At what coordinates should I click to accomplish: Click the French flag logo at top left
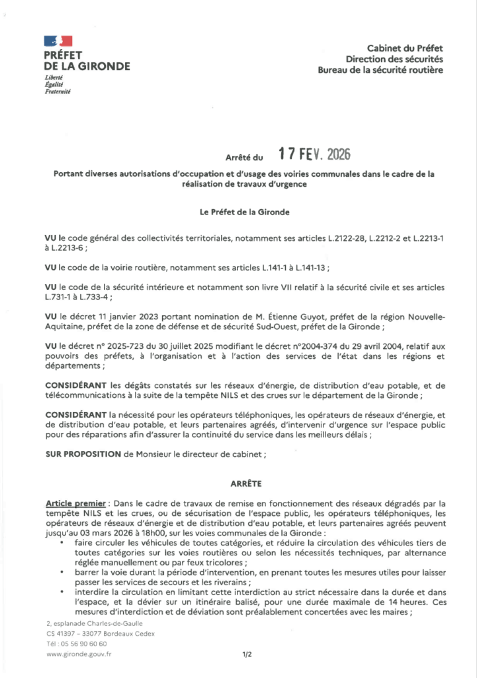click(x=58, y=42)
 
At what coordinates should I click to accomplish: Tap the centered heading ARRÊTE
click(x=238, y=483)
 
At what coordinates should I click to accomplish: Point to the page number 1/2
click(x=247, y=654)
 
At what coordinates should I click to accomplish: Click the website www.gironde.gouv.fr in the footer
click(x=79, y=654)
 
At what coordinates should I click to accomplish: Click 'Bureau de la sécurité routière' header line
click(x=380, y=70)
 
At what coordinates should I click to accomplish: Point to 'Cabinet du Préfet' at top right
click(x=405, y=48)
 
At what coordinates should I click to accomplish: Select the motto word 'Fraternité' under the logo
click(x=57, y=91)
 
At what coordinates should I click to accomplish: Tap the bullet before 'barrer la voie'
click(x=62, y=570)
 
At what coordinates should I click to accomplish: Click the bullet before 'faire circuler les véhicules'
click(x=62, y=542)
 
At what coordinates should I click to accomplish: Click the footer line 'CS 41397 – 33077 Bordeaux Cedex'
click(x=100, y=634)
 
